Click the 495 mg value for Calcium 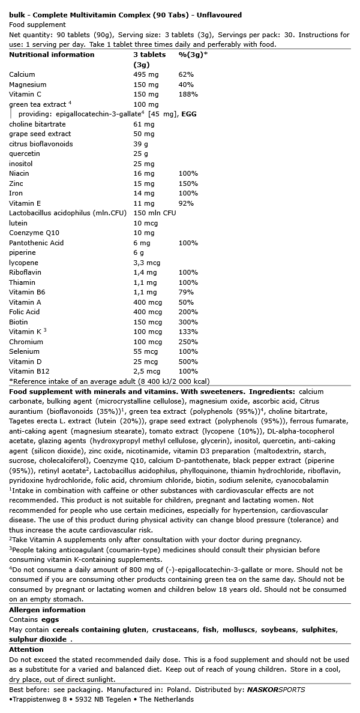[x=144, y=74]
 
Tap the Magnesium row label [x=28, y=85]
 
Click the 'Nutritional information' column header [x=52, y=55]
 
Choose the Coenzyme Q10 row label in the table [x=34, y=233]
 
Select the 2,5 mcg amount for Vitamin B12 [x=146, y=371]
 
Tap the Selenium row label [x=25, y=351]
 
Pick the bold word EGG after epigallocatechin [x=189, y=114]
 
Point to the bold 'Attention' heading [x=26, y=649]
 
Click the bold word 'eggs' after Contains [x=50, y=619]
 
